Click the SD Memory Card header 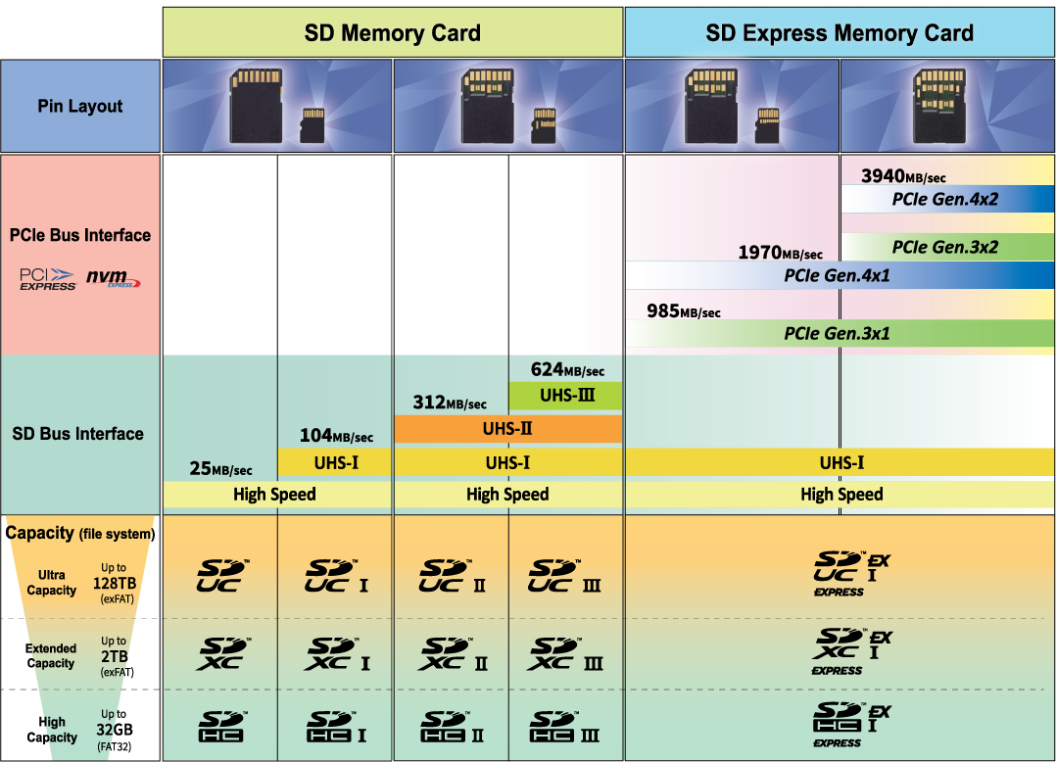point(392,32)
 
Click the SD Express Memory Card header point(840,32)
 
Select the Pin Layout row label point(80,106)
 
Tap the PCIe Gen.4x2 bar point(944,199)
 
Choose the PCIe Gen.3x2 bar point(944,247)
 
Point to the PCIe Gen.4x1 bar point(839,275)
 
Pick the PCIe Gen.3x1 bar point(839,333)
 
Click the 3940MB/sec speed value point(902,176)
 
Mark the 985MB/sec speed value point(683,311)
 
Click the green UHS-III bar point(565,396)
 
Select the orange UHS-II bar point(507,428)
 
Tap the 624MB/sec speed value point(567,370)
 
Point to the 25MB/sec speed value point(220,469)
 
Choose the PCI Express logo point(48,279)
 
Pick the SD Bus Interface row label point(78,433)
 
